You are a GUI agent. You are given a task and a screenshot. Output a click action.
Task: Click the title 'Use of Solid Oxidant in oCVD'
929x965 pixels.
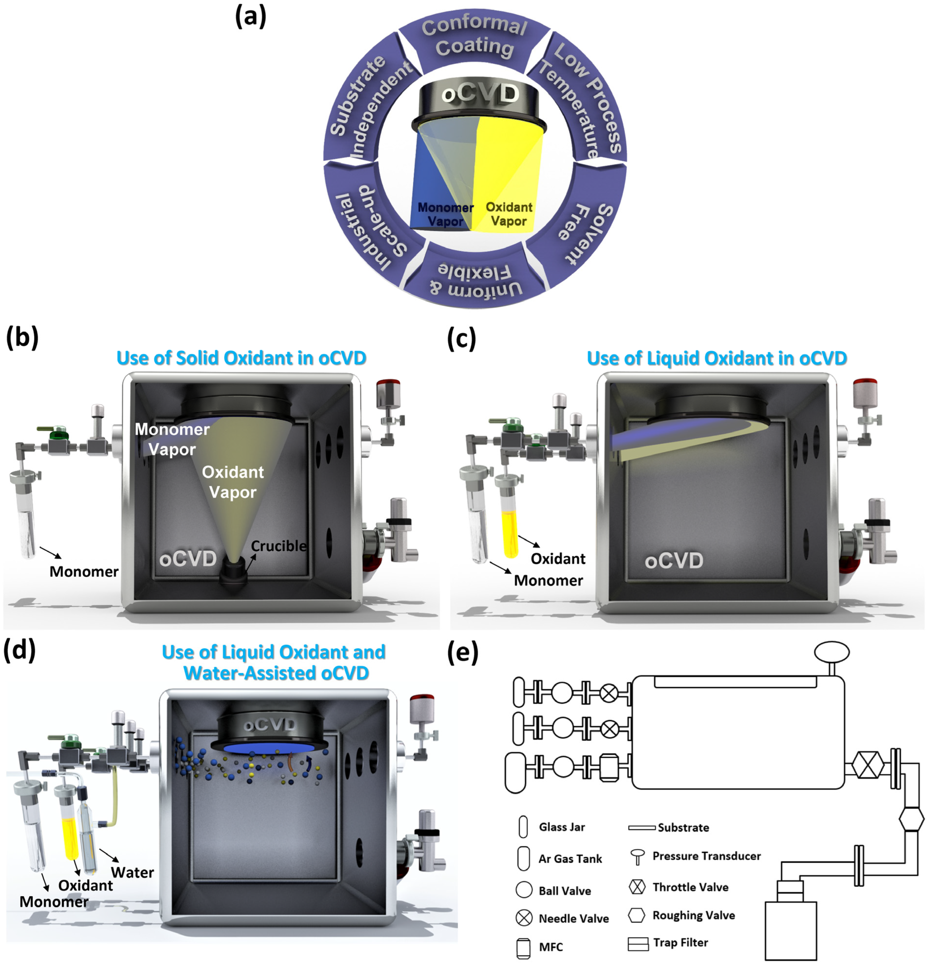pyautogui.click(x=241, y=358)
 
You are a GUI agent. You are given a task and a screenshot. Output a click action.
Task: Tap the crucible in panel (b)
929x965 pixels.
pyautogui.click(x=234, y=571)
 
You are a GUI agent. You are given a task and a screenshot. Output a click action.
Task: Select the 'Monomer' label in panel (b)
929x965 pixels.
pyautogui.click(x=84, y=572)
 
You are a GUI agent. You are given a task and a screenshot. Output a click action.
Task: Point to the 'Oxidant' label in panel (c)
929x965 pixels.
pyautogui.click(x=558, y=559)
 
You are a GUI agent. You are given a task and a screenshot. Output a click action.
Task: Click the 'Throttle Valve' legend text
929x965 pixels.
pyautogui.click(x=690, y=887)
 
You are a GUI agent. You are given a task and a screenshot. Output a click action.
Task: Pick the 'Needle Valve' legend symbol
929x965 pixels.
pyautogui.click(x=524, y=918)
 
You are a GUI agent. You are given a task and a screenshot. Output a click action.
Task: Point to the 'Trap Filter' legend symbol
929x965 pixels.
pyautogui.click(x=638, y=944)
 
